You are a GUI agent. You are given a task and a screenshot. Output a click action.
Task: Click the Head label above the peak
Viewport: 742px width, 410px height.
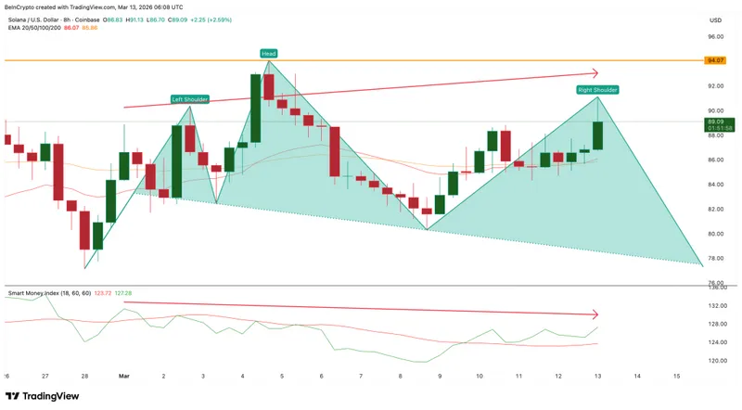coord(268,54)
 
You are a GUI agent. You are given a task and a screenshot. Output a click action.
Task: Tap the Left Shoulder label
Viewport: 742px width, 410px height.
coord(190,99)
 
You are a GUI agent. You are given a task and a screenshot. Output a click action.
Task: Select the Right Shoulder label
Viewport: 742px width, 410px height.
coord(598,90)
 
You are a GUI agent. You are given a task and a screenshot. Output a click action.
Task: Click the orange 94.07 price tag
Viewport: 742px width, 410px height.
coord(714,60)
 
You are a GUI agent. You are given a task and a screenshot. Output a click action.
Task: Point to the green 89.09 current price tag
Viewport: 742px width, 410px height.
coord(714,122)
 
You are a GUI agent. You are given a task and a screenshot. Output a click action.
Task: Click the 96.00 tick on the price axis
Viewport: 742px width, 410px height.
coord(714,37)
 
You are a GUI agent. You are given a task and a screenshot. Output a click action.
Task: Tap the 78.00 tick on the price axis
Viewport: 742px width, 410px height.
coord(714,259)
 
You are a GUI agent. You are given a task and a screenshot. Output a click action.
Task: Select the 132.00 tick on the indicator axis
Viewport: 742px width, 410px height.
coord(716,306)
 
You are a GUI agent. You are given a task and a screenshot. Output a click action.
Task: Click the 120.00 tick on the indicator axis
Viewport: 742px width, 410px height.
coord(716,360)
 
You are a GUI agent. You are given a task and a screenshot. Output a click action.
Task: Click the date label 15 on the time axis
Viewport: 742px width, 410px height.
coord(677,376)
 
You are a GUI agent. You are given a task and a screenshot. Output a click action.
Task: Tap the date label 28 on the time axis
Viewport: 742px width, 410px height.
coord(84,376)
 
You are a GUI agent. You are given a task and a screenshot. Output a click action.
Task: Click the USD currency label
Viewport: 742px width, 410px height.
coord(715,19)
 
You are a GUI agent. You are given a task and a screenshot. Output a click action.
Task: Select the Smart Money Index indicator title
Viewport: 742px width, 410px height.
coord(41,293)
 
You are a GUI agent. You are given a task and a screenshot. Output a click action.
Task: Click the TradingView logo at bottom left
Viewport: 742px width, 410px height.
coord(44,395)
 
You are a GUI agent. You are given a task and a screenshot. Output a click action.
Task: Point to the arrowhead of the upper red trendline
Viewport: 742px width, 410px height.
coord(596,73)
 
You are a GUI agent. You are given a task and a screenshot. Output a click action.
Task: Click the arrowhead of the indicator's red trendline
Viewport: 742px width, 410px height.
coord(596,314)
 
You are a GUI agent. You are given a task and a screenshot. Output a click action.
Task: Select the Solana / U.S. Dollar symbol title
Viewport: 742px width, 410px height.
coord(41,19)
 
